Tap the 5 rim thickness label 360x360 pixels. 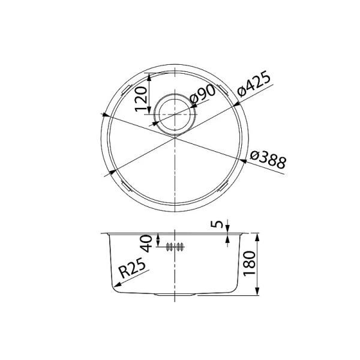coord(218,225)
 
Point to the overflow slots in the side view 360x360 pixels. coord(175,246)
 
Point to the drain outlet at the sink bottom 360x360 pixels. coord(175,295)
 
